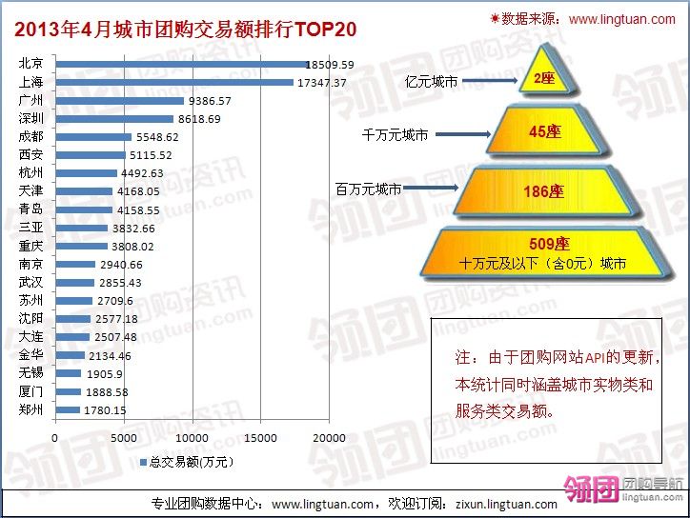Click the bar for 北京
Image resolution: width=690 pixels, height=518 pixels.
(179, 65)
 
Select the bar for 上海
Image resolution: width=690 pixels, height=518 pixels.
(173, 83)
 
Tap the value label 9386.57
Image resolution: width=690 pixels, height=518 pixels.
(209, 101)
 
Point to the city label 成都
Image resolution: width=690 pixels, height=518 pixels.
(30, 137)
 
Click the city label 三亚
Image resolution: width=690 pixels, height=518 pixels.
(30, 228)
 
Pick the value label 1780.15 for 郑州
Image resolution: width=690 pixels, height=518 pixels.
(105, 410)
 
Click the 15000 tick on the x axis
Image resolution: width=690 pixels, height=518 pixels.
(262, 437)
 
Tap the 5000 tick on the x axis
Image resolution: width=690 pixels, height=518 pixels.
(124, 437)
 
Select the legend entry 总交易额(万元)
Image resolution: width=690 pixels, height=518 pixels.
(191, 462)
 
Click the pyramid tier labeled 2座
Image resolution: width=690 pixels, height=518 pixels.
(543, 79)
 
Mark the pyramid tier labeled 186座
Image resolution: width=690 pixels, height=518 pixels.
(543, 190)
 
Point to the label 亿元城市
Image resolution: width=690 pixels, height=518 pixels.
(431, 82)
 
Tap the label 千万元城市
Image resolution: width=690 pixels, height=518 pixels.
(396, 135)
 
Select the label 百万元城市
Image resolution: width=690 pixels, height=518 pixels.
(368, 189)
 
